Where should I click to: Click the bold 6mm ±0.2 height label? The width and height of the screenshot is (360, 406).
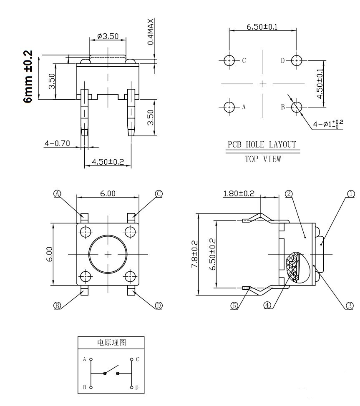coord(28,77)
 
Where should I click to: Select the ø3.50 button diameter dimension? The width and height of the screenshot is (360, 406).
coord(108,37)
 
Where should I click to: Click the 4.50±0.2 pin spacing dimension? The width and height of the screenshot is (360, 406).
coord(108,162)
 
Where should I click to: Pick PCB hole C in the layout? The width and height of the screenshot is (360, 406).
coord(229,61)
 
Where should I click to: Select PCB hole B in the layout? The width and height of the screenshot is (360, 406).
coord(296,107)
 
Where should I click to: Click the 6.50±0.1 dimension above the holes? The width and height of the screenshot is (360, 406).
coord(262,27)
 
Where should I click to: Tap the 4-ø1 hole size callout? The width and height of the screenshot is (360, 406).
coord(328,124)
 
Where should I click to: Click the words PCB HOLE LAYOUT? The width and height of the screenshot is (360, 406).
coord(262,145)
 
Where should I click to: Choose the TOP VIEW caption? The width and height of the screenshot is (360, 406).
coord(262,159)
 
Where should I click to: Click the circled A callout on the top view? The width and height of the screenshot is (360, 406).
coord(58,193)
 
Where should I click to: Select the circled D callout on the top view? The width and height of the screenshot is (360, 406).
coord(159,306)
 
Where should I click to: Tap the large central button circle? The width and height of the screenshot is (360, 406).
coord(108,254)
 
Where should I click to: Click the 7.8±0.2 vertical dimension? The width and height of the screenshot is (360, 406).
coord(194,254)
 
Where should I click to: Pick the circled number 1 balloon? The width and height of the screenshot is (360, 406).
coord(351,193)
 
